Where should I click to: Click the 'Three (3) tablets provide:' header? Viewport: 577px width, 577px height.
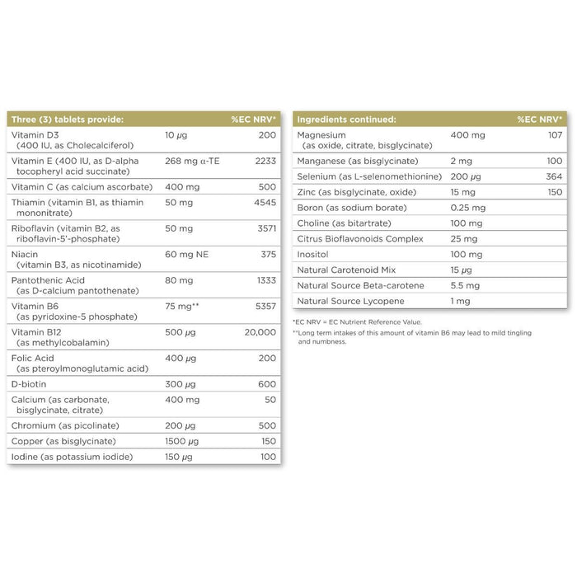68,120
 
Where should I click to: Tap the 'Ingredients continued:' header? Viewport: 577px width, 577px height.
346,120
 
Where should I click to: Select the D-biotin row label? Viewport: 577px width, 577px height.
30,383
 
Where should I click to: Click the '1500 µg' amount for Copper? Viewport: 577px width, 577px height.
183,441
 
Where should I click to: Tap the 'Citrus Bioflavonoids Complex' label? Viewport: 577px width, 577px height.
360,239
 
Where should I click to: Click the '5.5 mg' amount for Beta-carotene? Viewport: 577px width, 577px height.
464,286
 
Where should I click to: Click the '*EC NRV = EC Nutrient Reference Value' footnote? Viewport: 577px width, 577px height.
357,321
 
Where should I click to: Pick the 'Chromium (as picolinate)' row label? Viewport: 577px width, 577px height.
66,425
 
